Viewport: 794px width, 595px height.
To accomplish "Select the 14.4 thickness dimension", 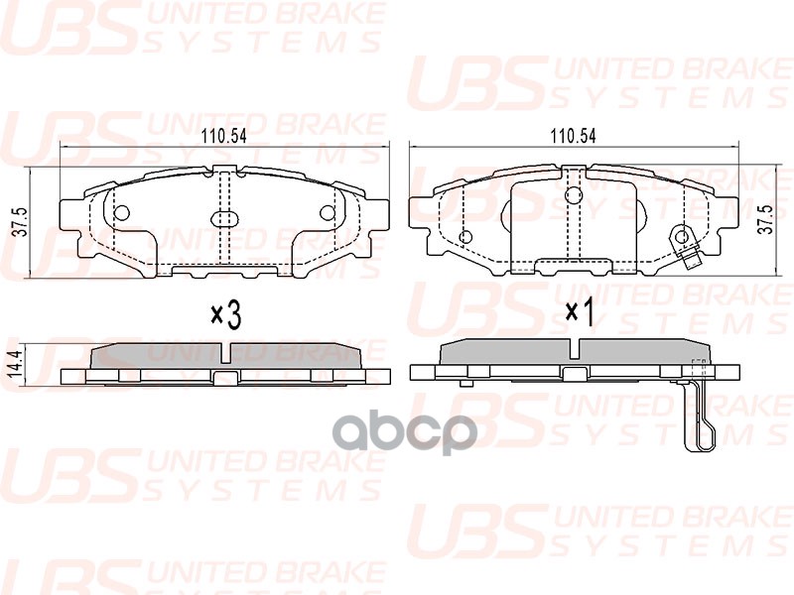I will pyautogui.click(x=17, y=362).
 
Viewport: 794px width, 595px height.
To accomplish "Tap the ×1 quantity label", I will pyautogui.click(x=579, y=312).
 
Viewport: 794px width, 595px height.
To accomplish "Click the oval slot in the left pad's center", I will pyautogui.click(x=222, y=220).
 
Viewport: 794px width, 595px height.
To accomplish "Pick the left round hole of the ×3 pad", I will pyautogui.click(x=121, y=212).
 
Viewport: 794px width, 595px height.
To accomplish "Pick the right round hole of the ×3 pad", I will pyautogui.click(x=327, y=212).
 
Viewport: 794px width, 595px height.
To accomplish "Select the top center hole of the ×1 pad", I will pyautogui.click(x=572, y=195).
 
